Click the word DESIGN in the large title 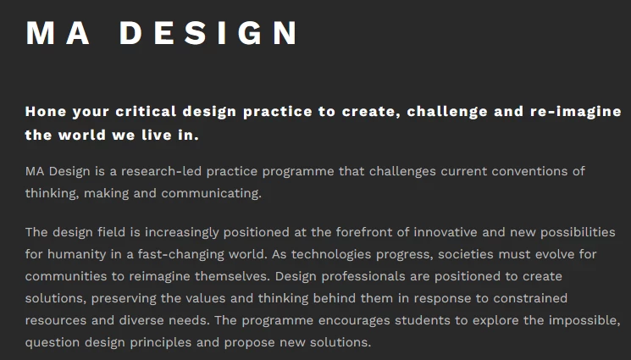208,33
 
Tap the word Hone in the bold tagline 46,112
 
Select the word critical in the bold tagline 146,112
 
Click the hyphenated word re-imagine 576,112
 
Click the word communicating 211,194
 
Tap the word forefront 367,232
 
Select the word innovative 446,232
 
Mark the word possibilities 578,232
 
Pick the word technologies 331,254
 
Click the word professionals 363,277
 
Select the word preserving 123,299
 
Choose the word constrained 530,298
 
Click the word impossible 584,320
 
